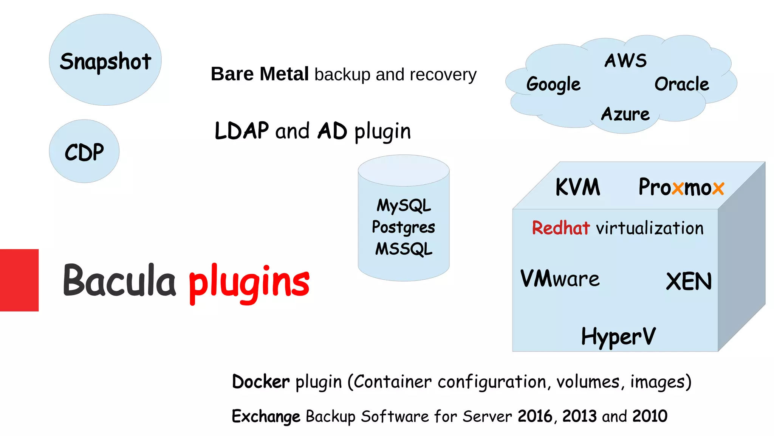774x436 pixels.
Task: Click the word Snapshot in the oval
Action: [x=105, y=61]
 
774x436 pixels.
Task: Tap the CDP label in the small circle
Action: [x=84, y=152]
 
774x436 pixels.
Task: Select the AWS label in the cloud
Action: [x=625, y=61]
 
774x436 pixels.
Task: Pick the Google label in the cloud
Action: [x=553, y=84]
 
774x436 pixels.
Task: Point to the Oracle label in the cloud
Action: [x=682, y=84]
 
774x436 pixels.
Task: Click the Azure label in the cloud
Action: [x=625, y=114]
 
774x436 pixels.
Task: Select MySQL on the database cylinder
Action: [x=404, y=206]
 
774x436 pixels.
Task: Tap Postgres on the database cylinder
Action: [x=403, y=227]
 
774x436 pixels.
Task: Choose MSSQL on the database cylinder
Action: [x=404, y=249]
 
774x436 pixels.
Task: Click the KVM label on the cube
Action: [x=577, y=187]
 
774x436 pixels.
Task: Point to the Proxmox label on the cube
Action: [x=681, y=187]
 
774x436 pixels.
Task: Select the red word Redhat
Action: [x=560, y=228]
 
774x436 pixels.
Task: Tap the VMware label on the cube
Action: [x=560, y=279]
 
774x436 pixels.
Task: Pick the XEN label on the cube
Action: [x=689, y=282]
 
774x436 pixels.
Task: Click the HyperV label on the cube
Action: [x=618, y=336]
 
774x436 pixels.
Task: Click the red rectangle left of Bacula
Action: [x=19, y=280]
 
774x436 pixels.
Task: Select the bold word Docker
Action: [x=261, y=381]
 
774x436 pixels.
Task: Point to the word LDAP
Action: [x=241, y=131]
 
